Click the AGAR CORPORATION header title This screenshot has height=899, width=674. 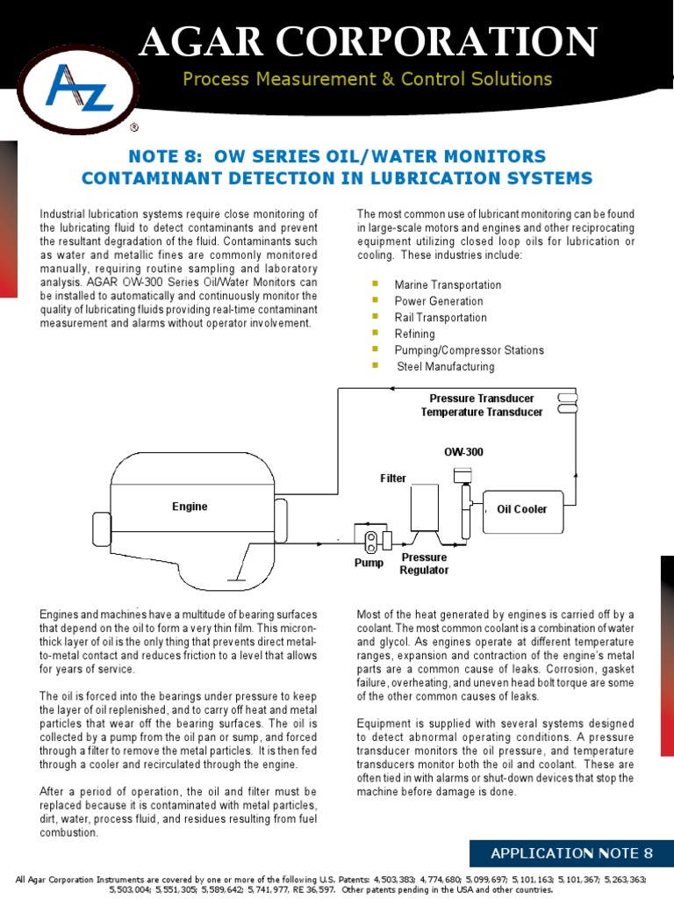369,41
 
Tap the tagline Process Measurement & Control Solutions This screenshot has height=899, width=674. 367,80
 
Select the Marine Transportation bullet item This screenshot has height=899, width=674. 448,285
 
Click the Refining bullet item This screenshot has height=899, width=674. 414,334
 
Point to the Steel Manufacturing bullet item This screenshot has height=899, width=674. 446,366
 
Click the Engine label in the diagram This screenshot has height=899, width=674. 190,507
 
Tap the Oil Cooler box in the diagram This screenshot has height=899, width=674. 522,509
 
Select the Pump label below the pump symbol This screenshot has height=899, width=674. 369,563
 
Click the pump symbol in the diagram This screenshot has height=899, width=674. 372,538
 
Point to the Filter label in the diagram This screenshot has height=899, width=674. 393,478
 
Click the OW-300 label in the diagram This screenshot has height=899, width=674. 463,452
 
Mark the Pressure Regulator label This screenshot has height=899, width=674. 424,564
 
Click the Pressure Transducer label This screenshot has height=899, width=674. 481,399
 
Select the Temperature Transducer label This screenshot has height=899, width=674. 477,412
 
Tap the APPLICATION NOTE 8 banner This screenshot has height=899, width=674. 571,852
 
